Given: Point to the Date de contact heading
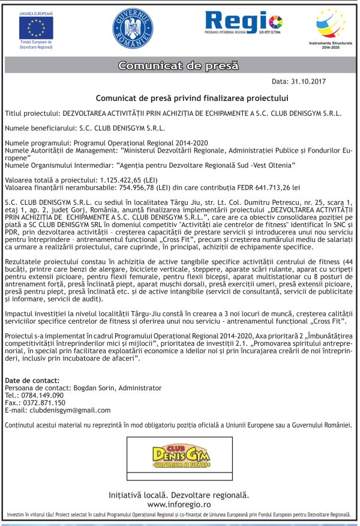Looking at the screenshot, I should [32, 381].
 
